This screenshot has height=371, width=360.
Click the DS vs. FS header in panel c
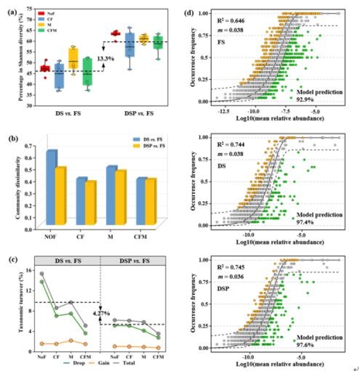[67, 261]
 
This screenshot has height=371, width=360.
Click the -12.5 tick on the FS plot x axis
[223, 110]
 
